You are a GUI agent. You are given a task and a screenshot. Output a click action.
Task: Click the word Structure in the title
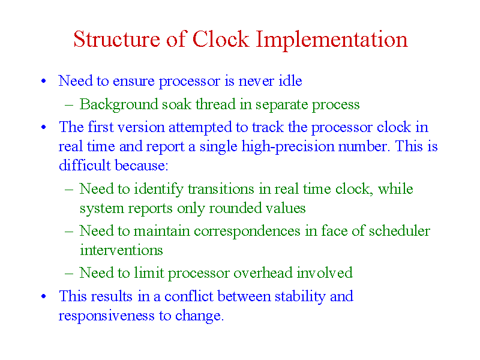tap(116, 39)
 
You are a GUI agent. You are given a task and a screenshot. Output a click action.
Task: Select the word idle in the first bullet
tap(290, 81)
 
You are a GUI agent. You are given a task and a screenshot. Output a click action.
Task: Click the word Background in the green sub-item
tap(119, 104)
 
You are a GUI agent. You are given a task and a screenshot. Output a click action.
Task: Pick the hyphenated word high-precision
tap(288, 146)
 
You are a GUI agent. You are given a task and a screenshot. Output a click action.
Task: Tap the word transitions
tap(221, 189)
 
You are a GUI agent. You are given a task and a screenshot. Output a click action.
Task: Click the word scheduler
tap(399, 231)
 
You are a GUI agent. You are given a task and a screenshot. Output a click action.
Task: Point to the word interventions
tap(121, 250)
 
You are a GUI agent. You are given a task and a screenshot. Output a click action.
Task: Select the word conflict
tap(188, 296)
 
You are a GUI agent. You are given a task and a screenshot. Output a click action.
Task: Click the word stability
tap(300, 296)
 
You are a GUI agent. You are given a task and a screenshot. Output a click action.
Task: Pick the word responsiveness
tap(107, 316)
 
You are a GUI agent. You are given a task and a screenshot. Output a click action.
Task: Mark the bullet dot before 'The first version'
tap(44, 127)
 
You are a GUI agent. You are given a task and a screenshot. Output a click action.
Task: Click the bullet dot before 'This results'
tap(44, 296)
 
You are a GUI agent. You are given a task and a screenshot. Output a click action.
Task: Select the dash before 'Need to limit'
tap(69, 274)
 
